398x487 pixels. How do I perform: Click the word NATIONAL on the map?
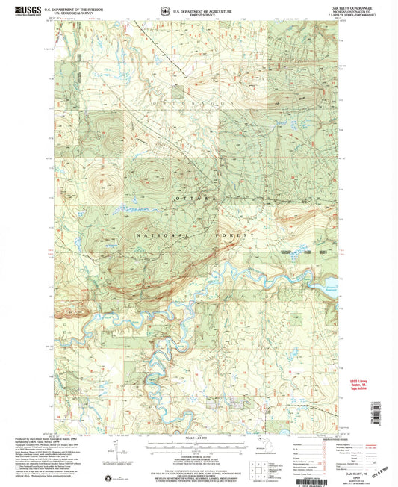[x=157, y=234]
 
